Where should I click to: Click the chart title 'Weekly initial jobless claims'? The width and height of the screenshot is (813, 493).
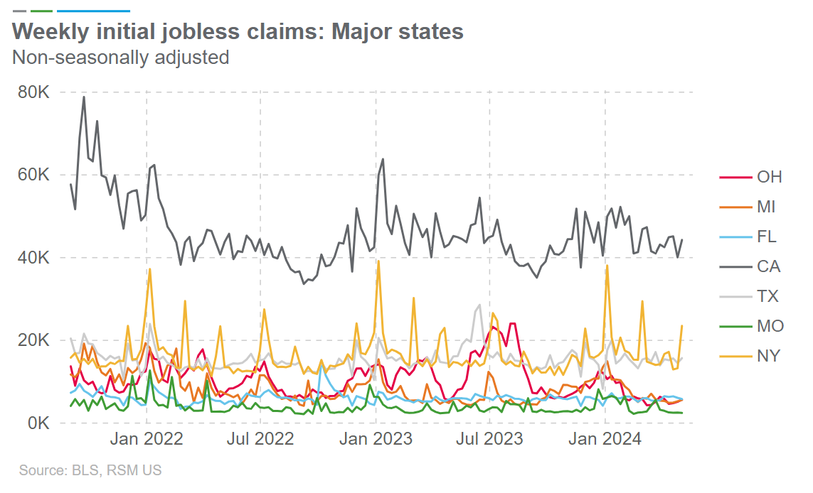[238, 32]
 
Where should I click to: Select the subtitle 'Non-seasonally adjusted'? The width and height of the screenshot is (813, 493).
[120, 57]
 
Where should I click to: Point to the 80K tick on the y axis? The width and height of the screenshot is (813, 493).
[33, 93]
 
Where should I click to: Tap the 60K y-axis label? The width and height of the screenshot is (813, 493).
[33, 175]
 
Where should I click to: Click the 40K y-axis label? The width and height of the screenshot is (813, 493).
[33, 258]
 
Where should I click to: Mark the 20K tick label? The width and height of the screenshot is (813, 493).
[33, 340]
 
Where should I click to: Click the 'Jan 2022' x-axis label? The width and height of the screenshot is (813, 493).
[146, 439]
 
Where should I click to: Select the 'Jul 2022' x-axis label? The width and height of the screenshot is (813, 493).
[260, 439]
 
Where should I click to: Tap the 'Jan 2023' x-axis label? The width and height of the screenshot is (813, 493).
[375, 439]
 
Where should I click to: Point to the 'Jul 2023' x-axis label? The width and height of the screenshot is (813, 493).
[489, 439]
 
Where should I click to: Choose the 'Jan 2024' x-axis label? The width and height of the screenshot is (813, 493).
[605, 439]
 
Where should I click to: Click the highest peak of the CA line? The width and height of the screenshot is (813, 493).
[84, 97]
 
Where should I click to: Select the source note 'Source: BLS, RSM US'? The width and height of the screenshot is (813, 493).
[90, 470]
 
